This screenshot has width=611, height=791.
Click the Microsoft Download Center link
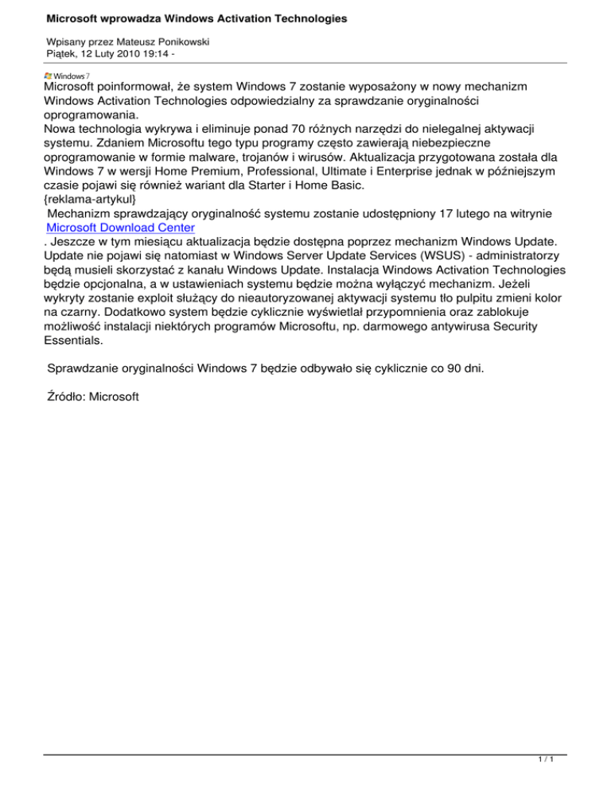(120, 228)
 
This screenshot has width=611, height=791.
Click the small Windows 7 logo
(67, 76)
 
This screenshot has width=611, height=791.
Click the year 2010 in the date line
(123, 55)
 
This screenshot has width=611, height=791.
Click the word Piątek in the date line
(64, 55)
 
